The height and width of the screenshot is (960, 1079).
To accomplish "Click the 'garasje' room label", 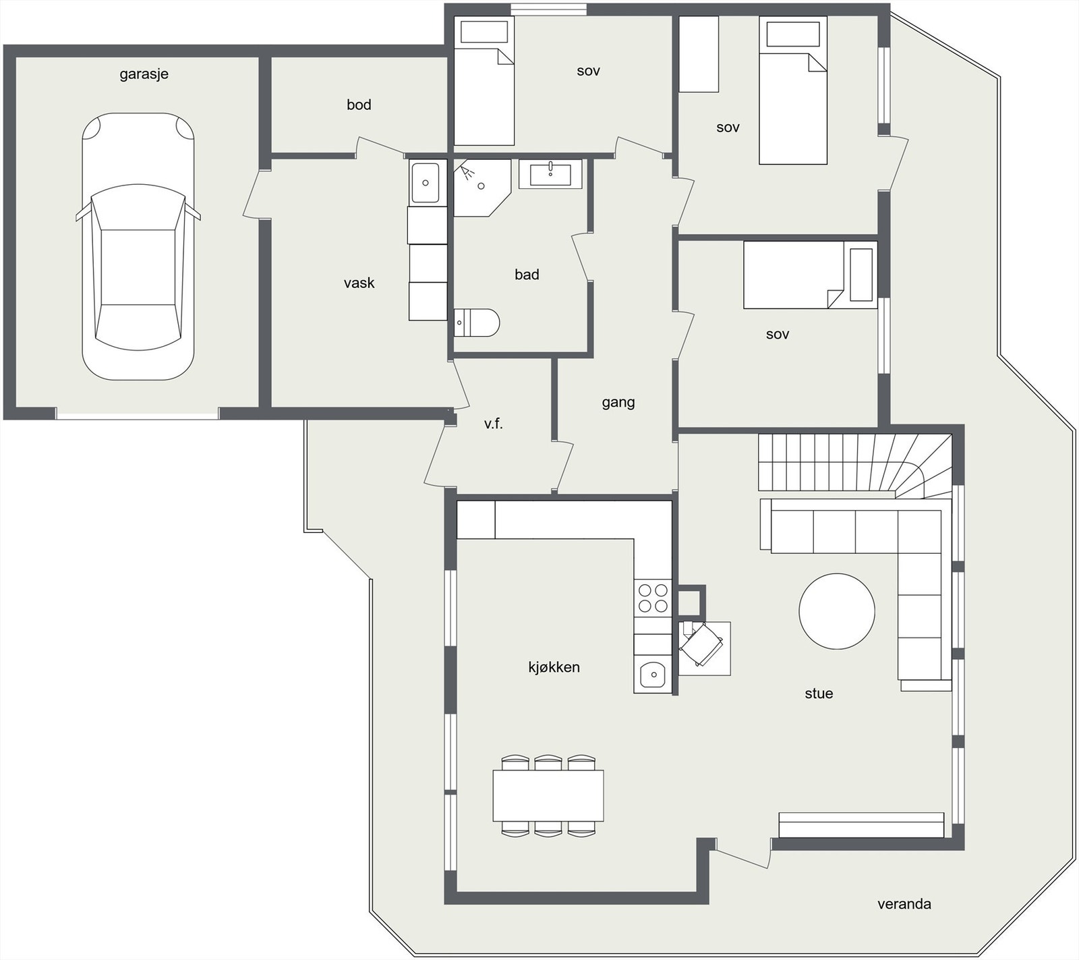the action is coord(144,74).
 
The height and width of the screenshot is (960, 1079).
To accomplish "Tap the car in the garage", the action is coord(138,246).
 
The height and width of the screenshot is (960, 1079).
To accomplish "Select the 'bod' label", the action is coord(359,105).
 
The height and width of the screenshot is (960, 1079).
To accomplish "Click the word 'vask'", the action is coord(359,283).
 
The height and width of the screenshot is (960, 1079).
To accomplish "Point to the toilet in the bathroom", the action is coord(477,322).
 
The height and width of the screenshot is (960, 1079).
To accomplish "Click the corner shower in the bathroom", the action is coord(482,188).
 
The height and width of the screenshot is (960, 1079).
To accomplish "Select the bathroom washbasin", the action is coord(550,174).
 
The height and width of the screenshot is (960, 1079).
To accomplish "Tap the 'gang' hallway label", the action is coord(618,403).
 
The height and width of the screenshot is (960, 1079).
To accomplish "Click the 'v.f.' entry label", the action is coord(494,424).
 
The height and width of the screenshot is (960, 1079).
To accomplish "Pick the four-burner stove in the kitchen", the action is coord(653,597).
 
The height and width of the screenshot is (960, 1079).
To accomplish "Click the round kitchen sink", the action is coord(653,673).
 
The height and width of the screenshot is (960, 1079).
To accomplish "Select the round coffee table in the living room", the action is coord(837,611).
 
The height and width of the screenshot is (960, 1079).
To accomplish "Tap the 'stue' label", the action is coord(819,694).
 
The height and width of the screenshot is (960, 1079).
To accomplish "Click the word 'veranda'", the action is coord(904,904).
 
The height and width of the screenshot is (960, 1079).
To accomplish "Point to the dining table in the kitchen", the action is coord(548,795).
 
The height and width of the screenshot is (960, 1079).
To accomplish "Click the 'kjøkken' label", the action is coord(554,667).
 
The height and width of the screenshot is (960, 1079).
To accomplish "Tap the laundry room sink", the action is coord(426,182).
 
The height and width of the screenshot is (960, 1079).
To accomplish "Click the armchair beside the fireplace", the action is coord(702,644).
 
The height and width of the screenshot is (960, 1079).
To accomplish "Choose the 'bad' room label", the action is coord(527,275).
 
